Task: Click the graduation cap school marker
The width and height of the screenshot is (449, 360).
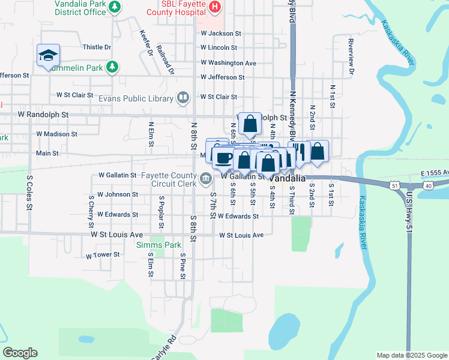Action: click(48, 56)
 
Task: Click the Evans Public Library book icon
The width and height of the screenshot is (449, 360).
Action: click(183, 97)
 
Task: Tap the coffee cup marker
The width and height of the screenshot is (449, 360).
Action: click(224, 158)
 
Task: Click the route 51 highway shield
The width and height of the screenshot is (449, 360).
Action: click(394, 187)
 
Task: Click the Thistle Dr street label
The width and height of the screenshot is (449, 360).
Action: click(97, 47)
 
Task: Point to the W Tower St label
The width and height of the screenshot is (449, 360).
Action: click(103, 255)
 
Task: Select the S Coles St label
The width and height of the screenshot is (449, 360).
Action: click(29, 193)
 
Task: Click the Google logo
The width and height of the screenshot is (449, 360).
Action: click(20, 353)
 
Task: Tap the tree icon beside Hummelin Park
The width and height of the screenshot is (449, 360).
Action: click(112, 67)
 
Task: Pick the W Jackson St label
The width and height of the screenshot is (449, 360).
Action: click(221, 34)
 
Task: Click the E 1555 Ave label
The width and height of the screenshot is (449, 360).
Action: click(435, 173)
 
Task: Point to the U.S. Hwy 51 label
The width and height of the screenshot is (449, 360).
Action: click(409, 216)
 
